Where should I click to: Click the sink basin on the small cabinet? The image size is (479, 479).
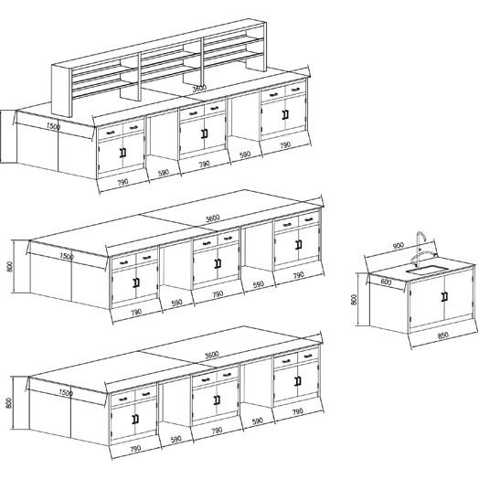coord(427,270)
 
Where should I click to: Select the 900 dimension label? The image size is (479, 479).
coord(398,246)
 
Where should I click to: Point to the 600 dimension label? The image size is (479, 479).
coord(386,282)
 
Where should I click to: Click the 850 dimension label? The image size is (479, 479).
coord(443,335)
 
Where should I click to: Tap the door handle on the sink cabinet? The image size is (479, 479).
coord(444,297)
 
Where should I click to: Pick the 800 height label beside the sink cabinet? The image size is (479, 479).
coord(354,300)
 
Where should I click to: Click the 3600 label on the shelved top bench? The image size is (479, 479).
coord(199,89)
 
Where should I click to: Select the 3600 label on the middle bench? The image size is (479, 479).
coord(213,218)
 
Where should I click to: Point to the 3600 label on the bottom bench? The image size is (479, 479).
coord(212,355)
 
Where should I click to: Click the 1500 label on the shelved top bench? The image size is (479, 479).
coord(53,126)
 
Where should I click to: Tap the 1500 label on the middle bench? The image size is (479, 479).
coord(67,256)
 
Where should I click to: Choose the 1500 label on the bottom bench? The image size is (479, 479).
coord(66,392)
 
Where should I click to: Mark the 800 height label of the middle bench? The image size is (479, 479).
coord(10,267)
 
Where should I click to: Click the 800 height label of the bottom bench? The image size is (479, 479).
coord(9,403)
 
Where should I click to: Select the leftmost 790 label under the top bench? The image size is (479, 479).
coord(122,183)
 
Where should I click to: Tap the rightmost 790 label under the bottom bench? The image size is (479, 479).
coord(297,412)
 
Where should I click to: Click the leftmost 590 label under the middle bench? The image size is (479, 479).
coord(176,303)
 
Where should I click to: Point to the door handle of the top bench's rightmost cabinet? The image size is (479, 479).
coord(285,114)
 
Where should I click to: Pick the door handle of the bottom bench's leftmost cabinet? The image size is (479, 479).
coord(135,419)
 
